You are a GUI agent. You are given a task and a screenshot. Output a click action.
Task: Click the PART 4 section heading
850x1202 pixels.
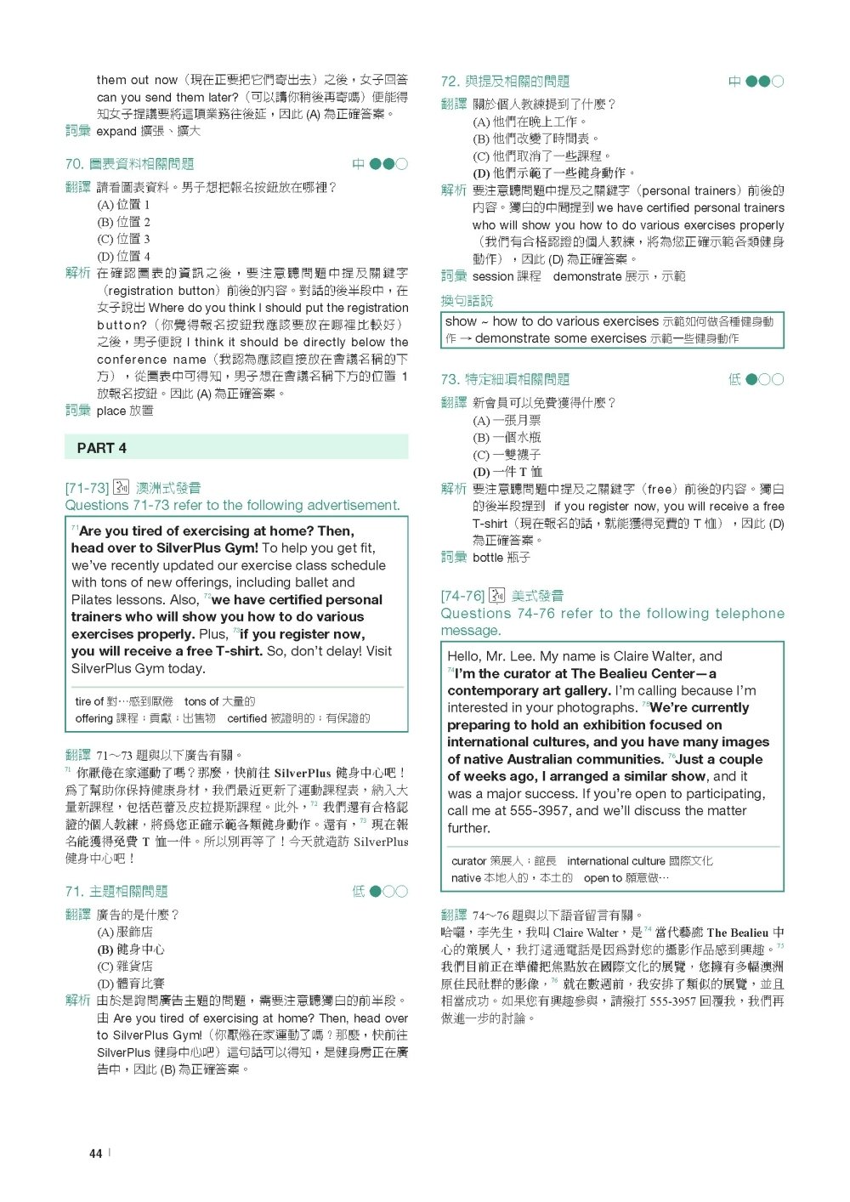click(101, 448)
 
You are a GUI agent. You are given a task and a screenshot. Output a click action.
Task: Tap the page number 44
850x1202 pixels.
click(95, 1154)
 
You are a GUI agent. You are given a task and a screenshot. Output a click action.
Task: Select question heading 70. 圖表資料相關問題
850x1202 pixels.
click(129, 164)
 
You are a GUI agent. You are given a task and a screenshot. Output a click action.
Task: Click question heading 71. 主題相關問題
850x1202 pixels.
click(116, 891)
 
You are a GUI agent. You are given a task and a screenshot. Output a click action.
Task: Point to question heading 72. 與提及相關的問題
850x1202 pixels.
click(505, 82)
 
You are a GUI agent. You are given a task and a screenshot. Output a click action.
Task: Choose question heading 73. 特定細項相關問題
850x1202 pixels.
click(505, 379)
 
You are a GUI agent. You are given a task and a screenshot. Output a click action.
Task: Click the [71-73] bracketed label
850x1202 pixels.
click(87, 488)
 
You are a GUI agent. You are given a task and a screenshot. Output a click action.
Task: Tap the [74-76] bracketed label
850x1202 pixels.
click(462, 596)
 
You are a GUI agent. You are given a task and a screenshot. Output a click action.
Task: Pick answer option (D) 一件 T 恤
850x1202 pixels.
click(507, 472)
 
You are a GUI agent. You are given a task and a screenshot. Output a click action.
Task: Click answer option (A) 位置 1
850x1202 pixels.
click(123, 205)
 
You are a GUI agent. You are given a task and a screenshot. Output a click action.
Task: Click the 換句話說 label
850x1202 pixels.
click(467, 301)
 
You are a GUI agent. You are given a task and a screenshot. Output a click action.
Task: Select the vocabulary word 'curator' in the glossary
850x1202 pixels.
click(468, 861)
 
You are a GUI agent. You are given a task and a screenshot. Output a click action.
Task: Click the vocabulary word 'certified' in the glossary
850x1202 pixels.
click(246, 718)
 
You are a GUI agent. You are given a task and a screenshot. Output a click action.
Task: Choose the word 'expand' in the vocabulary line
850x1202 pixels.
click(116, 131)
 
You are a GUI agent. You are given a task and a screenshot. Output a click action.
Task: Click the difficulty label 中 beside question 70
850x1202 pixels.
click(358, 164)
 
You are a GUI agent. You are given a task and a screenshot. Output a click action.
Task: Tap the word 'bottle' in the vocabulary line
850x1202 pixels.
click(488, 558)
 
